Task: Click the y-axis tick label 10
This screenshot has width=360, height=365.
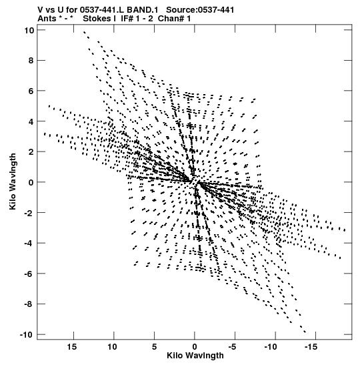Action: [x=29, y=31]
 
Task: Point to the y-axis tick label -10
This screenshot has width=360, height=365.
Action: [x=27, y=335]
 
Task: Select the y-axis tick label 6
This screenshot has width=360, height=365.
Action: [x=31, y=91]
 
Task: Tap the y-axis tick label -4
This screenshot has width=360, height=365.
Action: [x=29, y=244]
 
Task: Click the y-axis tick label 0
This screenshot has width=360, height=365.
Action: [x=31, y=183]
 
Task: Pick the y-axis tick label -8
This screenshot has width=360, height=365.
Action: [x=29, y=304]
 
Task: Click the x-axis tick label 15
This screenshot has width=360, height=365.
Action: [x=72, y=347]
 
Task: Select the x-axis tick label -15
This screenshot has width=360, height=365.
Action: [x=311, y=347]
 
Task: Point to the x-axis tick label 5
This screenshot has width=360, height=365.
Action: [x=154, y=347]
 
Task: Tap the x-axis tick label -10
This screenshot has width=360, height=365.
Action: [x=271, y=347]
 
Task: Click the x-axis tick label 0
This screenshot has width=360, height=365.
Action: [x=195, y=347]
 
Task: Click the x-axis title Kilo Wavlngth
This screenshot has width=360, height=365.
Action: [x=195, y=356]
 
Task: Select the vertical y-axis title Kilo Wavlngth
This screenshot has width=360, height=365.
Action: [x=13, y=181]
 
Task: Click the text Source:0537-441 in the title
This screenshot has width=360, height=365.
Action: [x=200, y=10]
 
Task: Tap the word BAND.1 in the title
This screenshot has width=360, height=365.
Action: [x=142, y=10]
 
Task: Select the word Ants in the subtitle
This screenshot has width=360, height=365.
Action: [x=47, y=19]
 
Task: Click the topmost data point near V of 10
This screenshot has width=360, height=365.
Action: [x=84, y=32]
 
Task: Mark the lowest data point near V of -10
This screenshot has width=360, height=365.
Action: [x=305, y=332]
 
